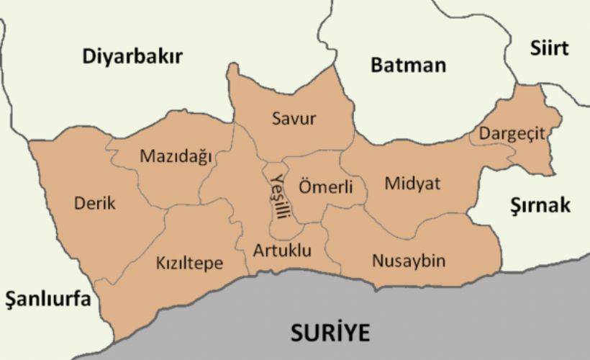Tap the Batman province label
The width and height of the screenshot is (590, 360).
pyautogui.click(x=408, y=65)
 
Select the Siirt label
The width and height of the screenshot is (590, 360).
pyautogui.click(x=549, y=48)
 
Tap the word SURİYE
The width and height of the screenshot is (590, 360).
pyautogui.click(x=330, y=333)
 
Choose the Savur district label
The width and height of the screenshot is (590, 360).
pyautogui.click(x=294, y=119)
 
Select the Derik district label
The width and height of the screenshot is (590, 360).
pyautogui.click(x=94, y=203)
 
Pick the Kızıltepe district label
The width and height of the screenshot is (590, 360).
pyautogui.click(x=189, y=264)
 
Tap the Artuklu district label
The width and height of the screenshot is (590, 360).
pyautogui.click(x=282, y=251)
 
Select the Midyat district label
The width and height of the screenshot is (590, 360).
pyautogui.click(x=412, y=184)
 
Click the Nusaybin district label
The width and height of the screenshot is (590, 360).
pyautogui.click(x=408, y=261)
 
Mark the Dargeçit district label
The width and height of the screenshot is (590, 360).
pyautogui.click(x=512, y=134)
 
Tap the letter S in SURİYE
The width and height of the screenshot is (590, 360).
pyautogui.click(x=296, y=333)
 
